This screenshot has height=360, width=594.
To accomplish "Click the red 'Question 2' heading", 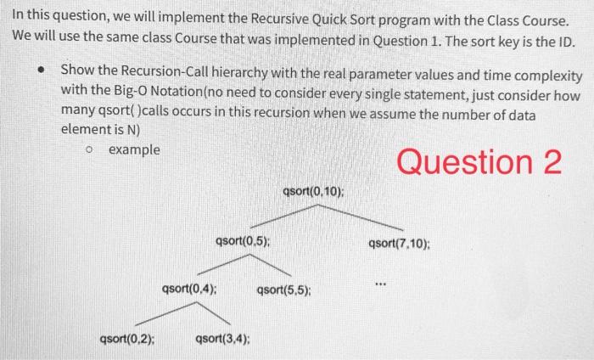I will click(x=479, y=161).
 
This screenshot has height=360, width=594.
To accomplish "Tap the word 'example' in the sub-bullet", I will click(x=134, y=150).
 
